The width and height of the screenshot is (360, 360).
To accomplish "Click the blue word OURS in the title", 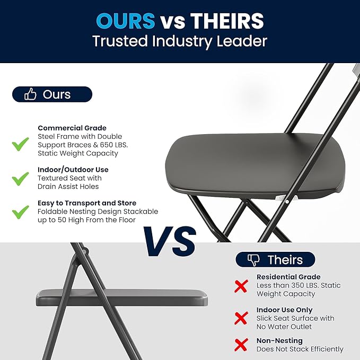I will (x=125, y=21).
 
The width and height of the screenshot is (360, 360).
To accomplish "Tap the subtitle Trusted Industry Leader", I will (x=180, y=41).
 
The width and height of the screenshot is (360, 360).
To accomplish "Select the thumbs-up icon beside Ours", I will (x=30, y=94).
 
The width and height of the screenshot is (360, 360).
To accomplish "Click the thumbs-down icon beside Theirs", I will (x=254, y=259).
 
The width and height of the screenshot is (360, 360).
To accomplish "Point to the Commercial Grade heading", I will (x=72, y=128).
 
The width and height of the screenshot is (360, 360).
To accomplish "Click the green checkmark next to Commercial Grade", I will (x=21, y=143).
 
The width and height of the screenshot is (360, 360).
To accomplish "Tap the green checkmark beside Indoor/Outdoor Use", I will (x=21, y=178).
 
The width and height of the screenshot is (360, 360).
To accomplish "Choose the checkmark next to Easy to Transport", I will (x=21, y=212).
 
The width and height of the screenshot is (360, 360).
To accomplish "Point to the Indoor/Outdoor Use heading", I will (x=73, y=170).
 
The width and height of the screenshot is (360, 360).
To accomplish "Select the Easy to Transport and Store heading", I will (x=87, y=203).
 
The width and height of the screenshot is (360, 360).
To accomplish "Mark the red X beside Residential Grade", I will (x=241, y=286).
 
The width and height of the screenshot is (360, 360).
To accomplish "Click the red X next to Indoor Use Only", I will (x=241, y=318).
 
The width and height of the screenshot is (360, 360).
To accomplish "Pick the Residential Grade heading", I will (x=288, y=277).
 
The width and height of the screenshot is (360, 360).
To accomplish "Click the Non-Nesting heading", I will (x=279, y=340).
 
